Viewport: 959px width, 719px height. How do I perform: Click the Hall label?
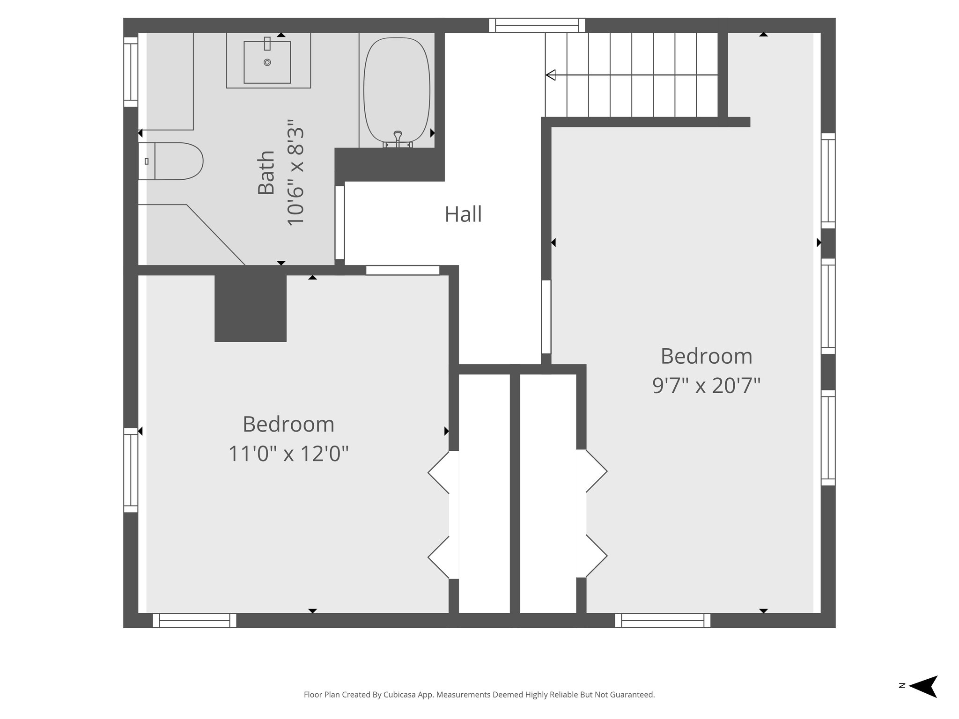click(x=463, y=215)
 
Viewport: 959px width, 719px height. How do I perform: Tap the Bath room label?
click(x=266, y=173)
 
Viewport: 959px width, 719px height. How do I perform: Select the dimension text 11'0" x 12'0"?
click(x=288, y=454)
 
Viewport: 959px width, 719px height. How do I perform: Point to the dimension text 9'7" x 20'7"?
click(x=706, y=386)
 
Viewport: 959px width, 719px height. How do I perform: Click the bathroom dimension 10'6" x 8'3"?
click(x=295, y=173)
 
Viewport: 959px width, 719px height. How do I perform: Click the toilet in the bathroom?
click(x=171, y=161)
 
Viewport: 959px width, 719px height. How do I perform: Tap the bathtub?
click(x=397, y=91)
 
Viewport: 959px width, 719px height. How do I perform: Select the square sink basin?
click(x=267, y=62)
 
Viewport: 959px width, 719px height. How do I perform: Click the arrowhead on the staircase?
click(x=551, y=75)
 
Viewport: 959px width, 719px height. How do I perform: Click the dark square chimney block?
click(x=251, y=308)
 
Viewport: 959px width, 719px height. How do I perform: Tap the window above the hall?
click(x=537, y=25)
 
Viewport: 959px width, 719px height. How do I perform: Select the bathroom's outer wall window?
click(x=131, y=72)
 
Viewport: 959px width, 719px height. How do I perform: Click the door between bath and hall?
click(x=340, y=223)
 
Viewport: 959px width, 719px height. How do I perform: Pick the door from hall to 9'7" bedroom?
click(x=546, y=317)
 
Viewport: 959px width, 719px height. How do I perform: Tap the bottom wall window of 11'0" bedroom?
click(x=194, y=621)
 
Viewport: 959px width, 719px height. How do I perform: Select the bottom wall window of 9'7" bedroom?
click(x=662, y=621)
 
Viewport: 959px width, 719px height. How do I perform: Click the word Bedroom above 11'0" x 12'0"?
click(x=288, y=425)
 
